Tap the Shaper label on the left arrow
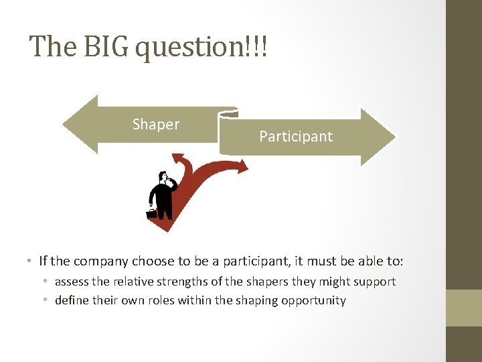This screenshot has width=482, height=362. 156,125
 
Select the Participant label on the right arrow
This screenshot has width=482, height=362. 296,137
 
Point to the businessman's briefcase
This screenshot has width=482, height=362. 152,214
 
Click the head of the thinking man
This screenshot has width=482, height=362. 162,178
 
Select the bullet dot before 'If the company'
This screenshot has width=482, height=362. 31,261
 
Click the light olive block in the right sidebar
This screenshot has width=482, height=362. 464,308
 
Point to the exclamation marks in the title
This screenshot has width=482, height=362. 257,47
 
